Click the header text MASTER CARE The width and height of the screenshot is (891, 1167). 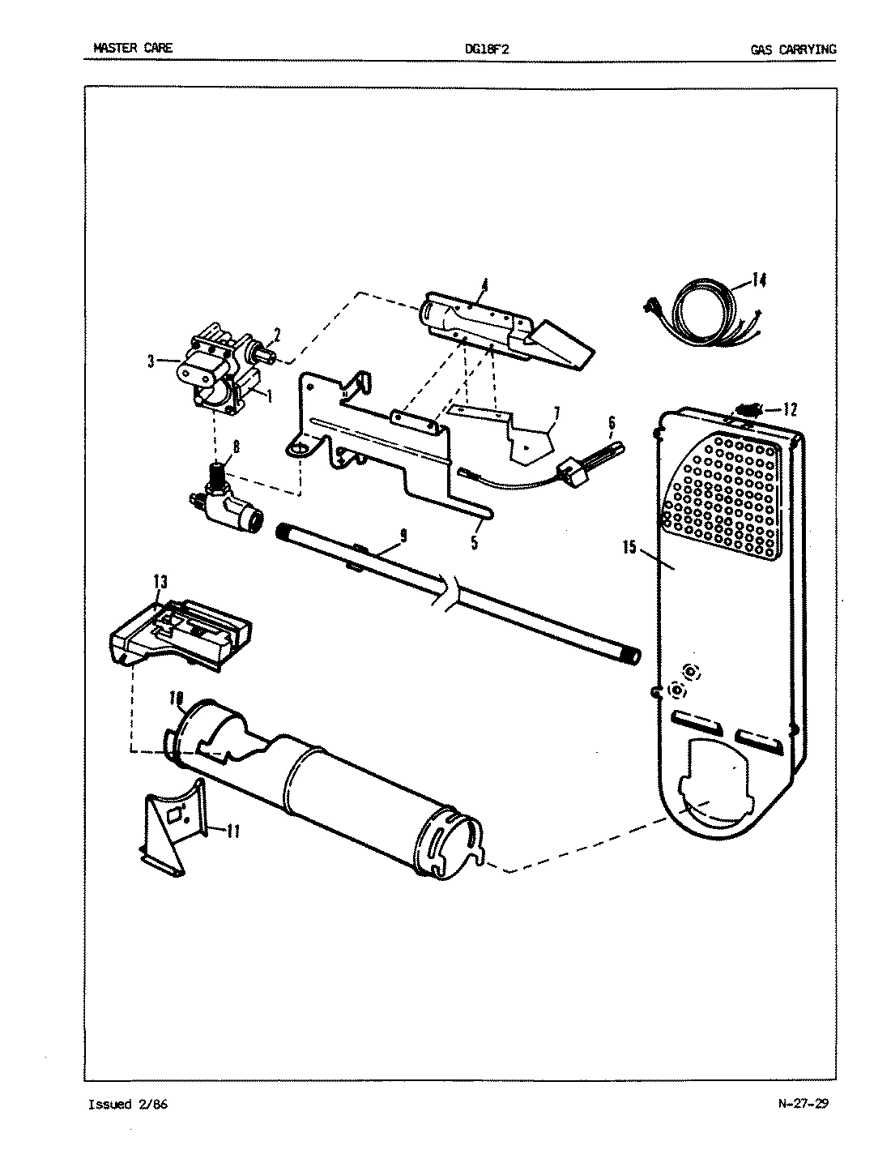point(132,49)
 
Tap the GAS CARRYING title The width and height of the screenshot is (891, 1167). point(792,49)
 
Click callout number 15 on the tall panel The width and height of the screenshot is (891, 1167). point(629,547)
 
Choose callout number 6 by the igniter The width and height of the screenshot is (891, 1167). point(612,422)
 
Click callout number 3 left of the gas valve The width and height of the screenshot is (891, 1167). point(151,362)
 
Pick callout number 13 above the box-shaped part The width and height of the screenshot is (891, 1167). point(160,580)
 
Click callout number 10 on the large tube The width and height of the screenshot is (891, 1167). point(177,697)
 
